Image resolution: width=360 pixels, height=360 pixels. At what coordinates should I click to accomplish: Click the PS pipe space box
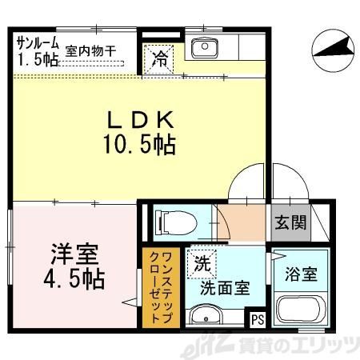point(257,320)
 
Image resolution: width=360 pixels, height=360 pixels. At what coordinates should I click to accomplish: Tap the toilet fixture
point(171,220)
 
